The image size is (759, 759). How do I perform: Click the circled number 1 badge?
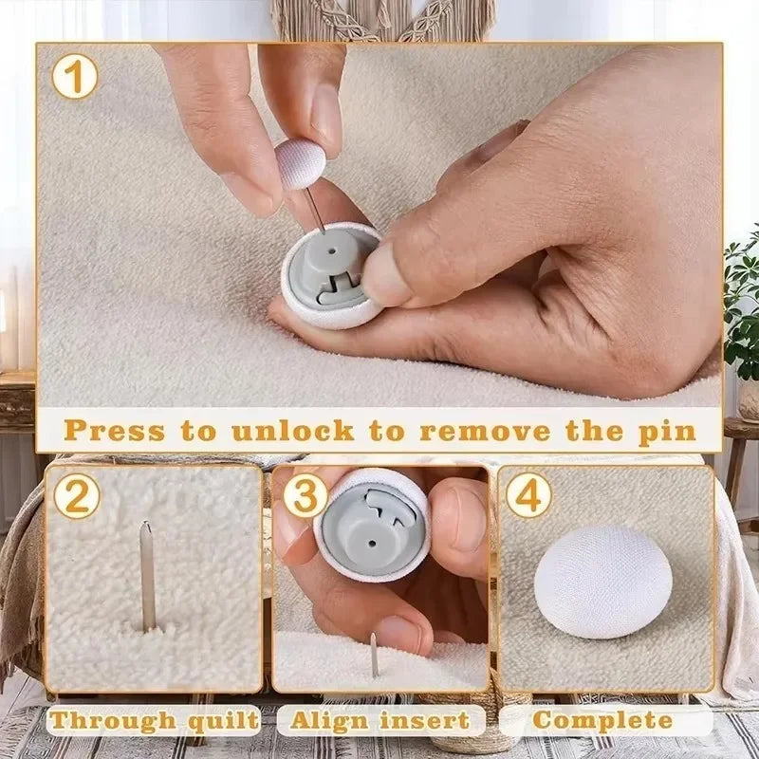[x=75, y=76]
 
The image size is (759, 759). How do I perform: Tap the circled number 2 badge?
[x=76, y=496]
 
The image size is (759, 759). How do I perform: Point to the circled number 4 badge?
[x=528, y=496]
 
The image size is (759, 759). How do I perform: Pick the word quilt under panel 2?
[x=223, y=720]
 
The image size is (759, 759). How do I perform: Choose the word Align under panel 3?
[x=328, y=720]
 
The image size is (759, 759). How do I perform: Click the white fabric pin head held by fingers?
[x=300, y=163]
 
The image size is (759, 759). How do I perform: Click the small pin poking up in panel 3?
[x=374, y=653]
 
